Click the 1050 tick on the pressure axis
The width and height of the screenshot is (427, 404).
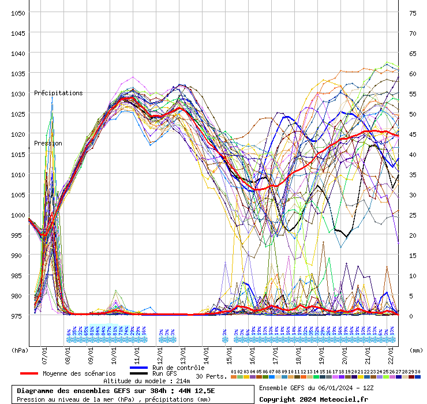(x=18, y=13)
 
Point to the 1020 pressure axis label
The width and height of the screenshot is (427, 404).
(x=18, y=134)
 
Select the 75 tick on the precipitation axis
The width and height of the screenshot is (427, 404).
(x=413, y=13)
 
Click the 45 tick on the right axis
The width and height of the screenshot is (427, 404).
(x=413, y=134)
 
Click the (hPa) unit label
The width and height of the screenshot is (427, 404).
(x=20, y=350)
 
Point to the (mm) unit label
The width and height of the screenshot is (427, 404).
(x=415, y=350)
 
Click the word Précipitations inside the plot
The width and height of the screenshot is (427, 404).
(x=58, y=93)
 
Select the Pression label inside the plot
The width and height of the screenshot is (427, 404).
(x=48, y=143)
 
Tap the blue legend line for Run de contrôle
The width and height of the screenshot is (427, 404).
(x=139, y=368)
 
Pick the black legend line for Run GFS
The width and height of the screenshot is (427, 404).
(x=139, y=373)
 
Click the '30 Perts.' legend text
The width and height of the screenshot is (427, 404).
(x=211, y=376)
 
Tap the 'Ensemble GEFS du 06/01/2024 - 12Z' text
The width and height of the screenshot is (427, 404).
(x=317, y=388)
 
